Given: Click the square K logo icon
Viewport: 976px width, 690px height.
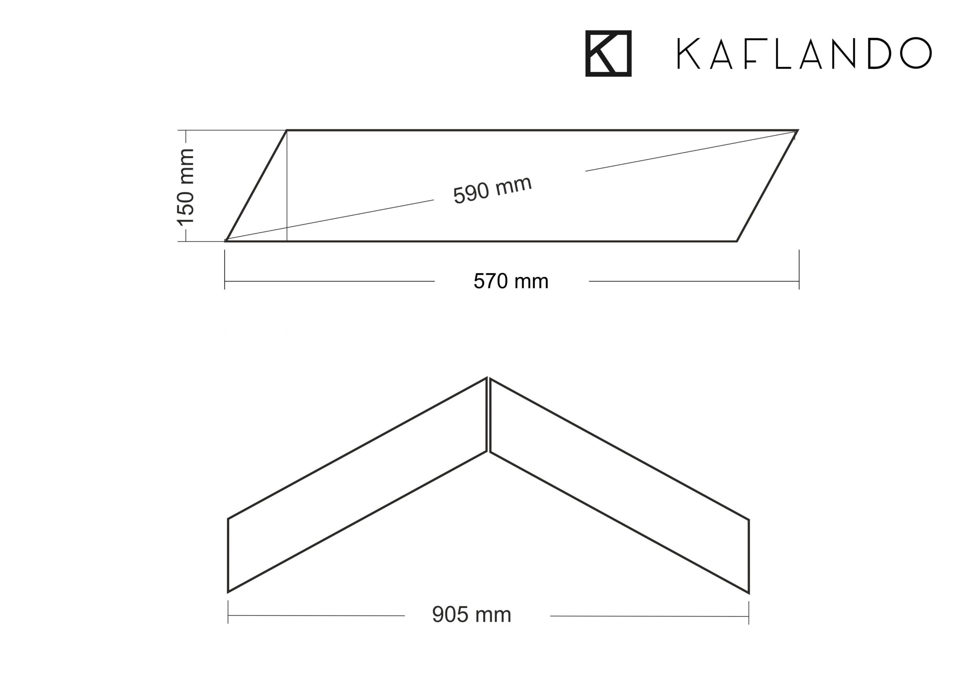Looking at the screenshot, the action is [x=608, y=54].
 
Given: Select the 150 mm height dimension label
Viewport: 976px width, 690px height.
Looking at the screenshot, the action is [x=185, y=187].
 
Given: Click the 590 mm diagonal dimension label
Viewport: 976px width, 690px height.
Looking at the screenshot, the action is [x=492, y=190].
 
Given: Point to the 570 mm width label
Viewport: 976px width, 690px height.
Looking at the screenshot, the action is [x=511, y=281].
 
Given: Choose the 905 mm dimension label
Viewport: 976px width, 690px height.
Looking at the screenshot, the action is [x=472, y=615].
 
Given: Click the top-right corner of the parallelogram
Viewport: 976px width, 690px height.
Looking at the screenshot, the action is [x=798, y=130].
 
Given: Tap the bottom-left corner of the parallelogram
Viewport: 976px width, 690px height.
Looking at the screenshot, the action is [x=226, y=241].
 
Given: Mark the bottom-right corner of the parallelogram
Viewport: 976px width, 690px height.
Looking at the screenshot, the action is [x=736, y=241].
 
